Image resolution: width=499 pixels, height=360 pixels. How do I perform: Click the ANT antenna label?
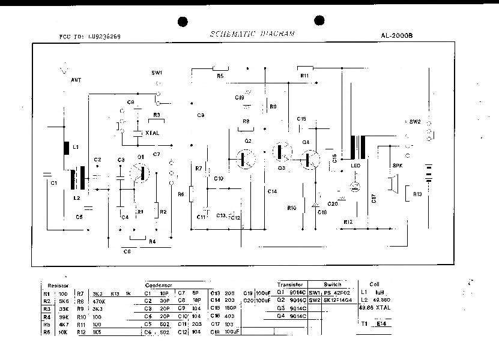(x=76, y=79)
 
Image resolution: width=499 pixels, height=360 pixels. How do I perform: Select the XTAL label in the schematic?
(x=152, y=133)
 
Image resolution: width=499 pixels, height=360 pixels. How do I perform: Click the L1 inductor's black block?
(x=67, y=148)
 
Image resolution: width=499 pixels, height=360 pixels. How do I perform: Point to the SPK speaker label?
(x=396, y=166)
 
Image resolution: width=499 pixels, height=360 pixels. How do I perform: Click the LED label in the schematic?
(x=354, y=166)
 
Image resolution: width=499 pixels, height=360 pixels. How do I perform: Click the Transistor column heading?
(x=291, y=284)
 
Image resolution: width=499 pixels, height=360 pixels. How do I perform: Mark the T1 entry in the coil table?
(x=364, y=323)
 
